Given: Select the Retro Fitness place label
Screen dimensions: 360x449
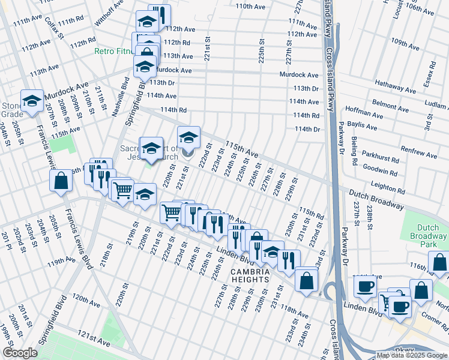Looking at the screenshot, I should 114,51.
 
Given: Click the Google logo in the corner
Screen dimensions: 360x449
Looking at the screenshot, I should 20,353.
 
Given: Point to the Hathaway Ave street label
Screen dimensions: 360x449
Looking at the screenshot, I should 394,86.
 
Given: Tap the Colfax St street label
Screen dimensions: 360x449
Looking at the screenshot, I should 55,28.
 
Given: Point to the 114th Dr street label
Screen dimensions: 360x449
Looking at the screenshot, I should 307,129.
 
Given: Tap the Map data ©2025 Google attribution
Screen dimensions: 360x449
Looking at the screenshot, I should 412,355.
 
